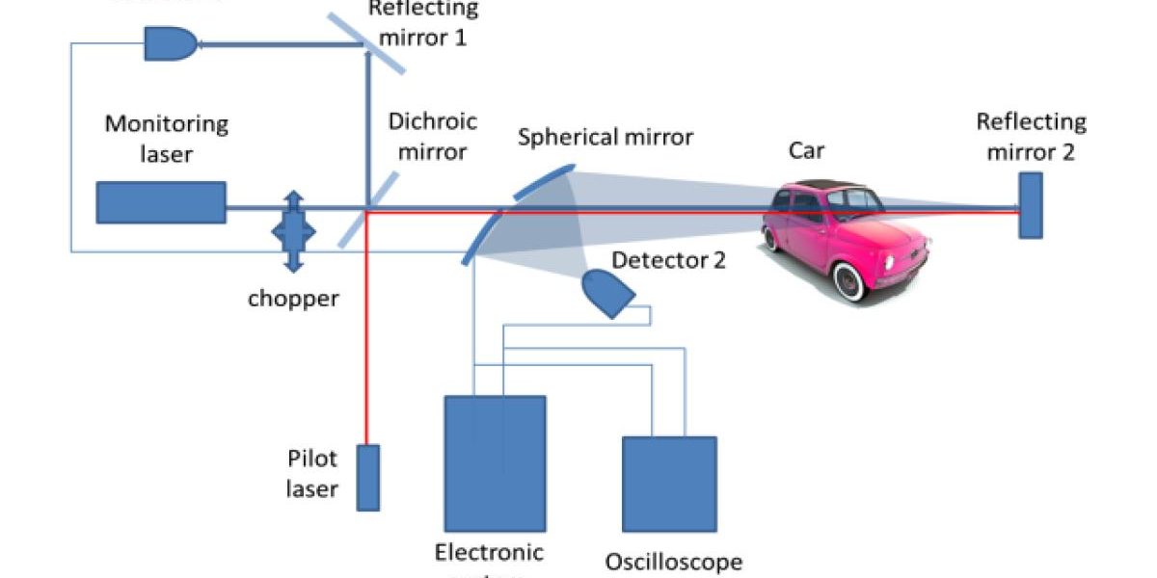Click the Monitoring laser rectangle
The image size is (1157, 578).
tap(161, 202)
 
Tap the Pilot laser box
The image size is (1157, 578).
tap(367, 477)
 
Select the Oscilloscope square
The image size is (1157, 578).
tap(669, 485)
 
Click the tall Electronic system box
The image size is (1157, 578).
tap(495, 462)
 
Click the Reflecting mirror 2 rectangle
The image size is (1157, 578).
tap(1030, 204)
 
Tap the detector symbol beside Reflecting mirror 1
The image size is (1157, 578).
tap(169, 41)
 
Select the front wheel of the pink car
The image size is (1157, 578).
tap(848, 281)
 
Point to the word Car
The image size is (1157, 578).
tap(806, 150)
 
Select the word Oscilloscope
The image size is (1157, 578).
tap(673, 561)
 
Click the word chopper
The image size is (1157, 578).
tap(293, 298)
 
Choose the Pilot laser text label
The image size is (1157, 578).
tap(312, 473)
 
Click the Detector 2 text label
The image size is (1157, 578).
tap(668, 259)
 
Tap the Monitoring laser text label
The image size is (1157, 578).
tap(166, 138)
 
